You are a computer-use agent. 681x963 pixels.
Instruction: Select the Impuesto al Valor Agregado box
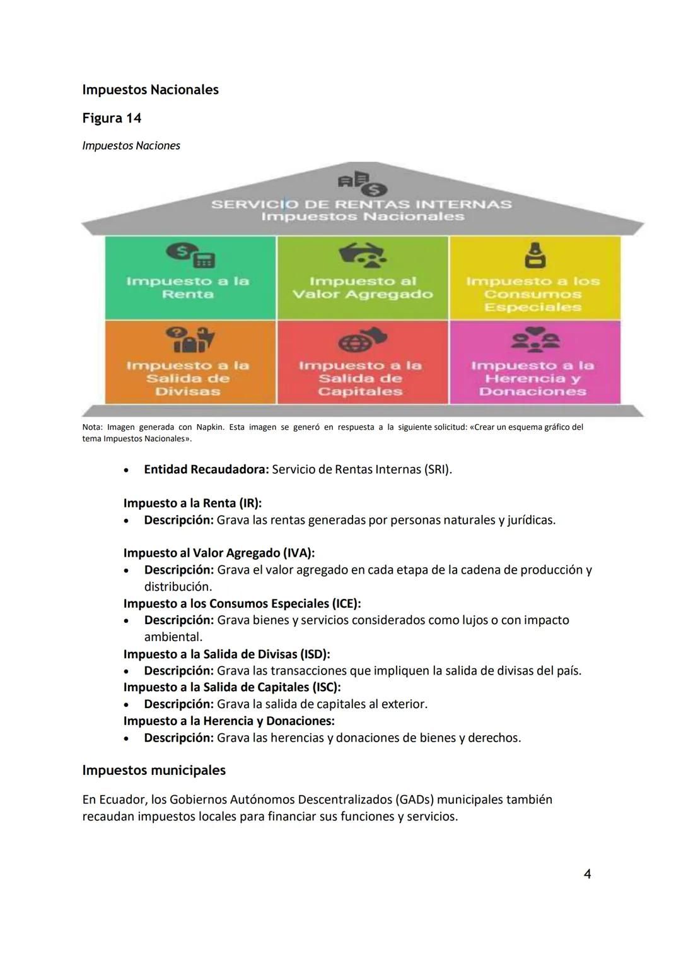tap(363, 278)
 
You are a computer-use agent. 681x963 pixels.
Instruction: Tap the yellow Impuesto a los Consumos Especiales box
tap(535, 278)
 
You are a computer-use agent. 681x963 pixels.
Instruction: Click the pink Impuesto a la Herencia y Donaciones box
tap(535, 362)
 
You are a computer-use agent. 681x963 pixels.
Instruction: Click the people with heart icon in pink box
tap(535, 340)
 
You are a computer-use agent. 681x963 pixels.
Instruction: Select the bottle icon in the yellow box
tap(535, 256)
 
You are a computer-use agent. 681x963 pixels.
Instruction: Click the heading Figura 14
tap(112, 118)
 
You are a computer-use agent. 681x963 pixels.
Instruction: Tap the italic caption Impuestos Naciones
tap(131, 146)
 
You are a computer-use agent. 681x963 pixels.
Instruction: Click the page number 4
tap(587, 874)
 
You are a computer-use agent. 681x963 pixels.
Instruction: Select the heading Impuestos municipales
tap(154, 771)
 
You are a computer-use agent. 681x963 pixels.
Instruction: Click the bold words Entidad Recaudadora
tap(206, 470)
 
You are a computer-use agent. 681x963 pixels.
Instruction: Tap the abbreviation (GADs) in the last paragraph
tap(414, 800)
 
